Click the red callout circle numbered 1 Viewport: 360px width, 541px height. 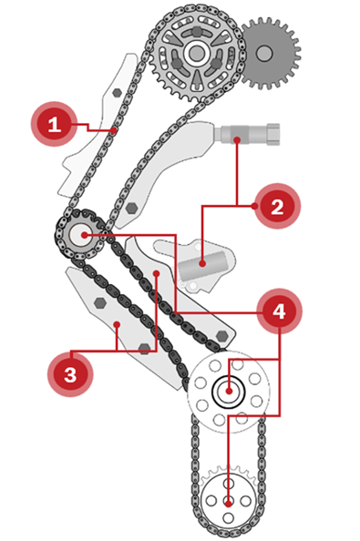(54, 124)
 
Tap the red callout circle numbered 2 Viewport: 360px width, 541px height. (277, 207)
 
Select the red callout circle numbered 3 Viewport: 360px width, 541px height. (70, 374)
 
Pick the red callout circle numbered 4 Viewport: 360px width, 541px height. (279, 311)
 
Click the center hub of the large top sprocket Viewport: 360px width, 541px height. (197, 53)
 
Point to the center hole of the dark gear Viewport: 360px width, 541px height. (264, 53)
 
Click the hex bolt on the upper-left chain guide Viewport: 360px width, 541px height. (118, 93)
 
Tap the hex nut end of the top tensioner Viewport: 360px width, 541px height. (273, 134)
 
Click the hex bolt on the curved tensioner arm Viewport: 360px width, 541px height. (131, 208)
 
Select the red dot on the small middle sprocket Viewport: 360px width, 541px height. (84, 235)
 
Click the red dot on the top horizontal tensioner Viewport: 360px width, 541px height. (237, 139)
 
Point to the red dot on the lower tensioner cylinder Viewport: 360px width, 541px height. (202, 263)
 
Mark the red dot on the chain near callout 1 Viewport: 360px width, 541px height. (114, 130)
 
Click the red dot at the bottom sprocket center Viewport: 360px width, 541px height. (228, 504)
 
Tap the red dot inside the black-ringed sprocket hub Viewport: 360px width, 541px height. (228, 392)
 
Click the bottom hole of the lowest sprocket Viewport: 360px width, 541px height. (228, 517)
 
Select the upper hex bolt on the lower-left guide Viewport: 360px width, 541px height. (99, 302)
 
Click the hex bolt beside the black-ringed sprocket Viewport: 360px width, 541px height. (221, 335)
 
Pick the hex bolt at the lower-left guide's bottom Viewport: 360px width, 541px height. (144, 349)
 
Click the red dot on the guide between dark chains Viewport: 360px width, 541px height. (157, 273)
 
